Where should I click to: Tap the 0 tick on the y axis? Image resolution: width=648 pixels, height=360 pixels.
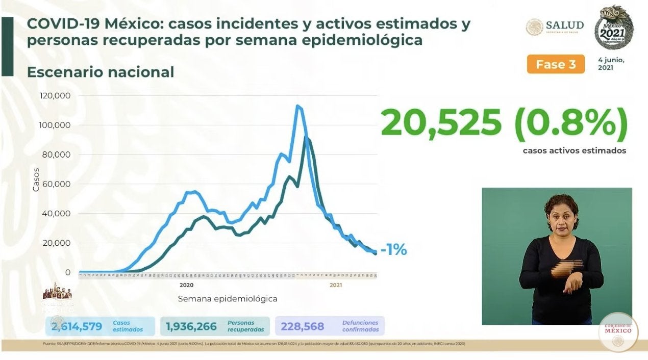67,272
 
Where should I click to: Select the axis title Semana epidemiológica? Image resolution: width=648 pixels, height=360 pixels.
228,298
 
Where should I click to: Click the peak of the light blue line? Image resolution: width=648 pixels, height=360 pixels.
297,106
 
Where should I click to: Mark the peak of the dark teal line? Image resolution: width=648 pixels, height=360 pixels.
306,138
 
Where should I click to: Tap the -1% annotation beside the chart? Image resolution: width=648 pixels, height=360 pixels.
393,250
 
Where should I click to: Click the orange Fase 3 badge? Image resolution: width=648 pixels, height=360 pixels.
556,64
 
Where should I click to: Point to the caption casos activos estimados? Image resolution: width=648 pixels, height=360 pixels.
574,151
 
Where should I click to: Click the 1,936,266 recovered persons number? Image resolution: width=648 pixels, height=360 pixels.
191,326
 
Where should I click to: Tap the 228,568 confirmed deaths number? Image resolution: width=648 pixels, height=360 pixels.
303,326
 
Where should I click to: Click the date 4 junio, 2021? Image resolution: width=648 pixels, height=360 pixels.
611,64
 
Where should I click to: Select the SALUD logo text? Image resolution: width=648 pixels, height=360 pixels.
564,25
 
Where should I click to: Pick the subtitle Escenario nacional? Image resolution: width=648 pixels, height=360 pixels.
101,72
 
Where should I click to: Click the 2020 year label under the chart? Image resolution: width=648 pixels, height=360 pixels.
186,285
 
